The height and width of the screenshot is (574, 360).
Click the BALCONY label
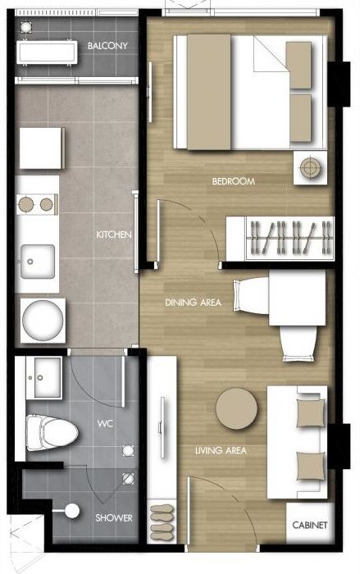(x=107, y=47)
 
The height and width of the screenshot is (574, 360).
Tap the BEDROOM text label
(x=233, y=181)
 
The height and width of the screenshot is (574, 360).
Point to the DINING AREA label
(x=193, y=303)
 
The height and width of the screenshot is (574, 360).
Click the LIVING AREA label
(x=221, y=450)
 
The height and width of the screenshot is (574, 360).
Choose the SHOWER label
(x=112, y=518)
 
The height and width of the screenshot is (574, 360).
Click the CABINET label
(x=311, y=525)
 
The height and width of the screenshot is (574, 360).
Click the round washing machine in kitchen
(x=41, y=319)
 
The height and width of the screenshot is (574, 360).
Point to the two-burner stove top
(x=36, y=203)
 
